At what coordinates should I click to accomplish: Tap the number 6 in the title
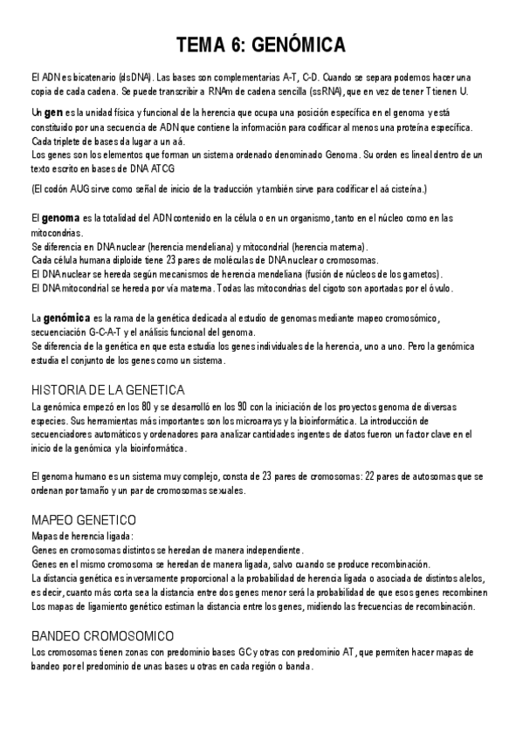[x=247, y=45]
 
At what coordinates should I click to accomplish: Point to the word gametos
[x=423, y=274]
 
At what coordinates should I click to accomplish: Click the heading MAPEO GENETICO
[x=83, y=519]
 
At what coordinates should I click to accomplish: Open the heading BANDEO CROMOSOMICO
[x=102, y=634]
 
